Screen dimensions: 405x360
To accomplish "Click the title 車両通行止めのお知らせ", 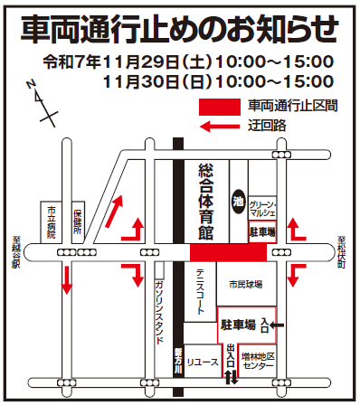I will [x=179, y=29].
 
